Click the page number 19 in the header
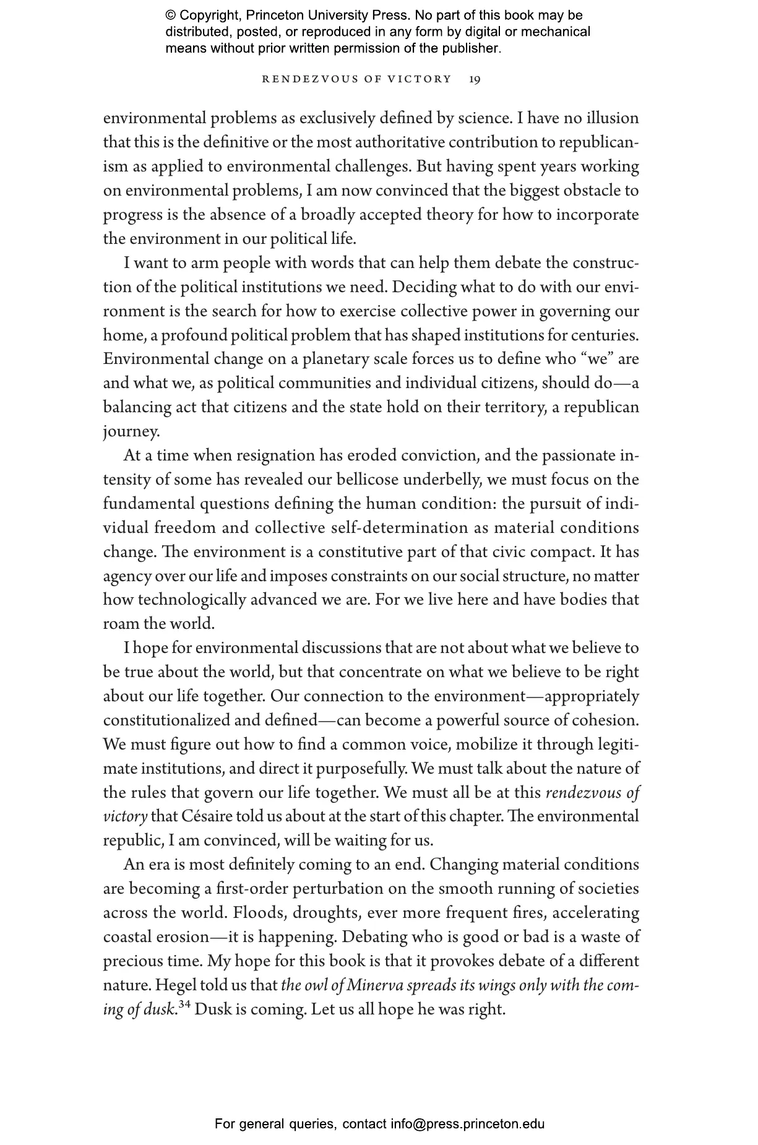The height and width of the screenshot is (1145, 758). [475, 79]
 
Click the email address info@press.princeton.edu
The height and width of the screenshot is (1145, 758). [467, 1124]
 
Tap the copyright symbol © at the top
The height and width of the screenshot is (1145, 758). [171, 15]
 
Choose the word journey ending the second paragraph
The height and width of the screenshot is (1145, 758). [131, 432]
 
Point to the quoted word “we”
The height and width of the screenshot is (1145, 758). [594, 359]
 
